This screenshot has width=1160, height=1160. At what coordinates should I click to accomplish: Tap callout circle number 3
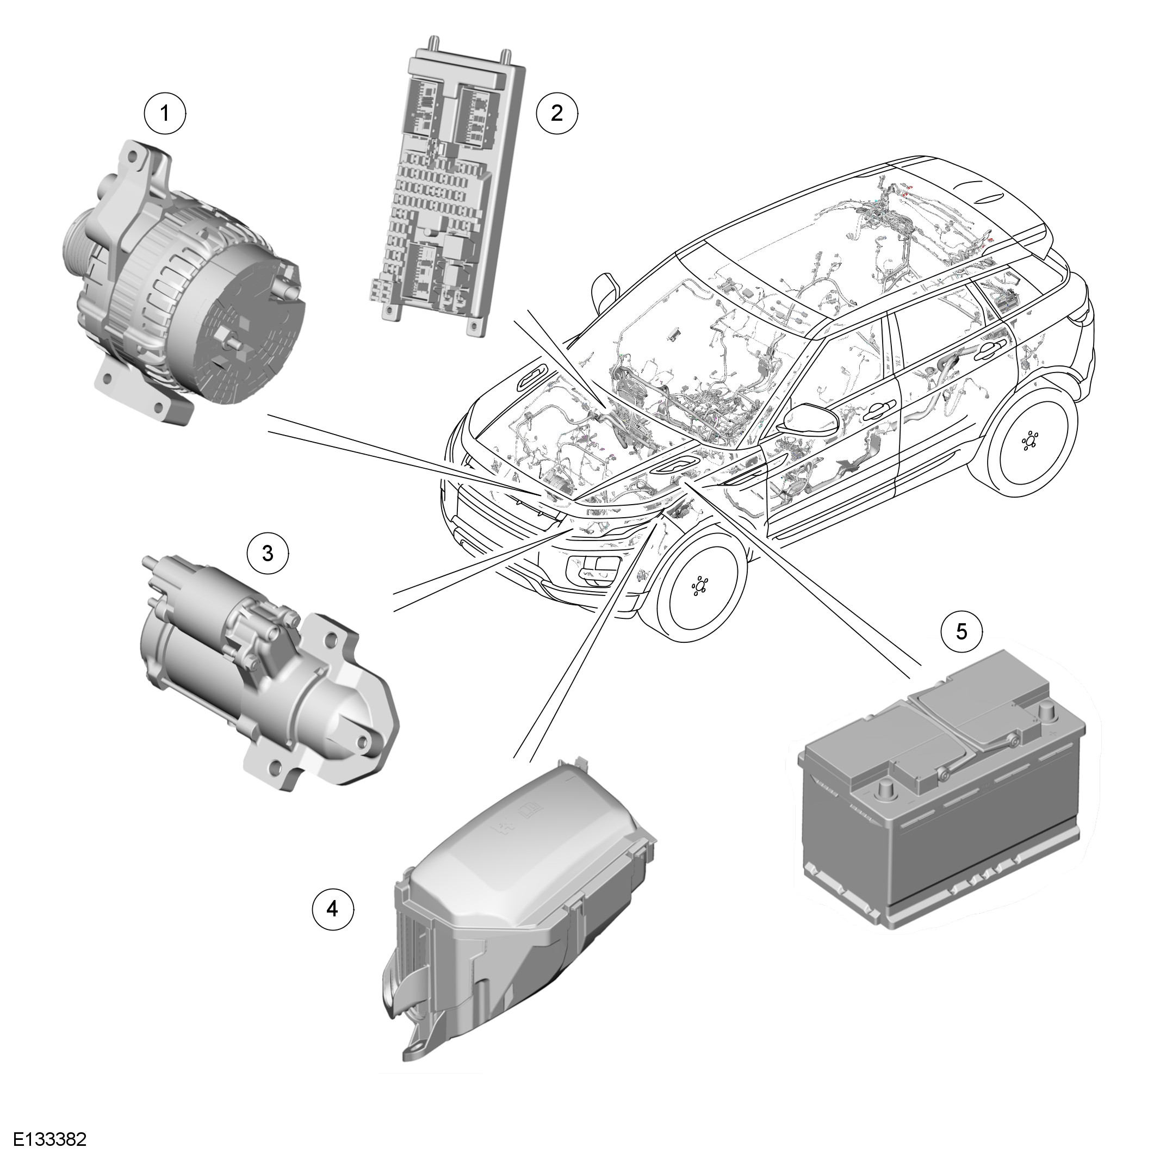point(268,553)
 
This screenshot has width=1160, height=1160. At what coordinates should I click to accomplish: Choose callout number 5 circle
point(962,631)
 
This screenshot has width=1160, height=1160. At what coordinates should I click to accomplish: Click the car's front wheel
point(699,585)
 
